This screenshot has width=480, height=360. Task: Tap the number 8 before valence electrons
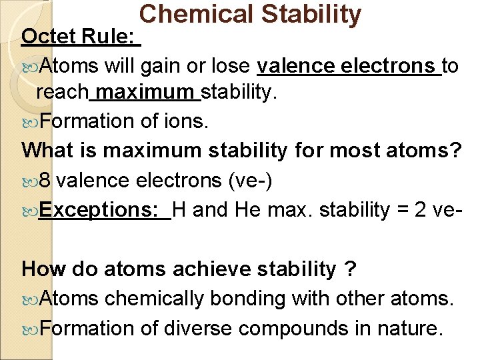45,181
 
